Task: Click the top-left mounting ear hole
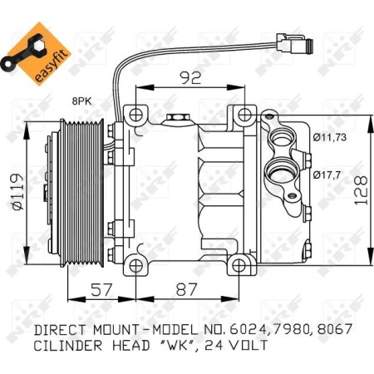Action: click(130, 114)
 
